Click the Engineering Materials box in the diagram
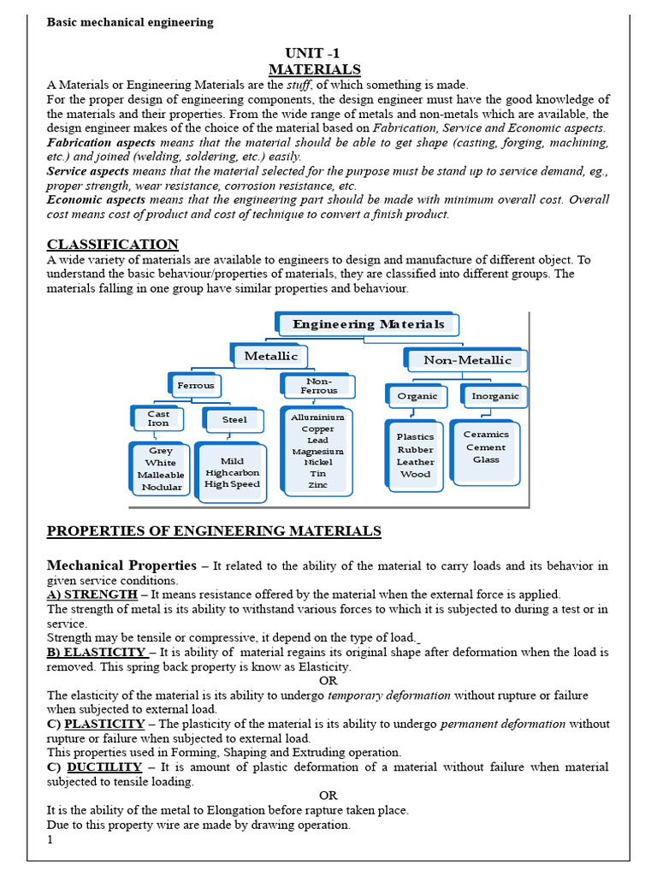click(x=369, y=324)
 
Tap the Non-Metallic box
click(x=467, y=360)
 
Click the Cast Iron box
click(x=158, y=418)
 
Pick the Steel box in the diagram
click(x=234, y=419)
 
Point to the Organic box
click(x=417, y=396)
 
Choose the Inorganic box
click(x=495, y=396)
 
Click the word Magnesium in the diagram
click(x=317, y=451)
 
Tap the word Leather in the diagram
click(x=416, y=462)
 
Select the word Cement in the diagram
click(x=486, y=447)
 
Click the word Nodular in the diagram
click(x=162, y=487)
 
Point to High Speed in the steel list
click(x=232, y=484)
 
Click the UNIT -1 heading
click(x=314, y=53)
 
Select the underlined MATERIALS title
click(x=314, y=69)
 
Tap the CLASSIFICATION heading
click(x=113, y=245)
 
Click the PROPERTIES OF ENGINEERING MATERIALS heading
click(x=214, y=531)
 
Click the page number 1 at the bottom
click(x=50, y=840)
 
